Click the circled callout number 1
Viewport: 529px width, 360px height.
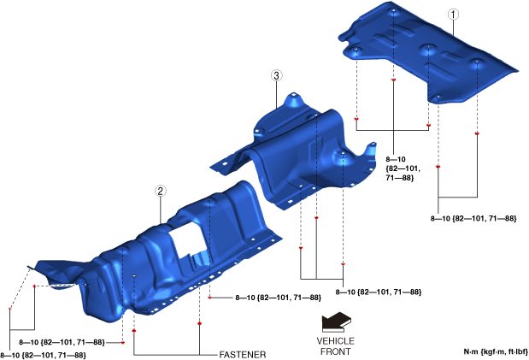click(x=453, y=15)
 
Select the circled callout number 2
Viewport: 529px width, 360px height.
click(x=161, y=192)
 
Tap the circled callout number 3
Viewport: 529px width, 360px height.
click(x=276, y=75)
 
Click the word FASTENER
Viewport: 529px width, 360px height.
click(x=243, y=355)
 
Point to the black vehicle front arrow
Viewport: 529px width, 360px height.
click(x=336, y=322)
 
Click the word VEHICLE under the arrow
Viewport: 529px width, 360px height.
click(x=335, y=340)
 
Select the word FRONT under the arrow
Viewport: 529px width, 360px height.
click(x=335, y=351)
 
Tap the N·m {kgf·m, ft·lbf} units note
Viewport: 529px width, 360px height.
click(x=496, y=352)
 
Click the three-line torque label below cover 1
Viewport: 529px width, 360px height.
click(x=403, y=168)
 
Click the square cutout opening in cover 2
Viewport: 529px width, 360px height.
click(x=187, y=239)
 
